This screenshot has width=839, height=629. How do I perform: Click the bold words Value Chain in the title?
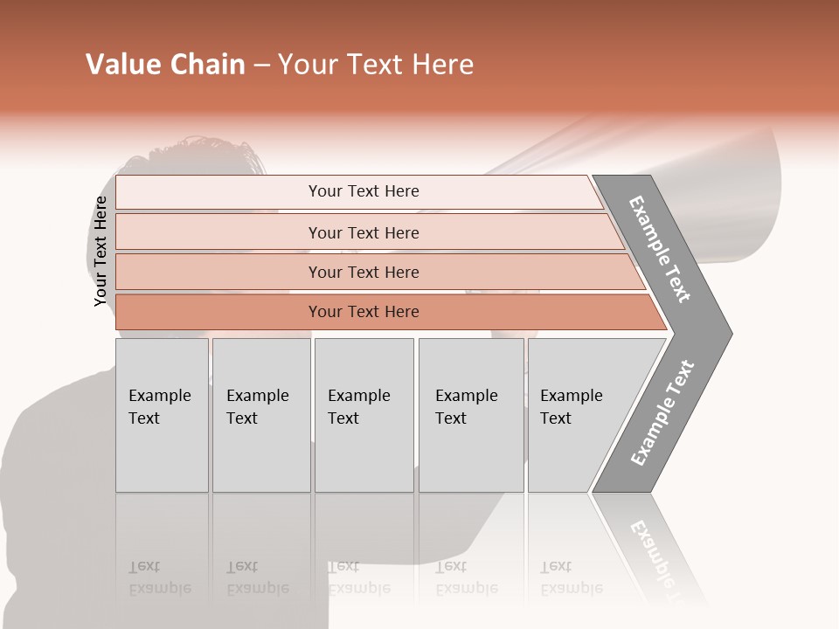(x=165, y=65)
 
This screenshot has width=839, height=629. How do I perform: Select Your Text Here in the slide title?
(x=376, y=65)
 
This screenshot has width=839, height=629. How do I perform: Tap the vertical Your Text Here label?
(x=101, y=252)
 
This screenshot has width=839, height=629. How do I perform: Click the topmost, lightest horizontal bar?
(x=363, y=191)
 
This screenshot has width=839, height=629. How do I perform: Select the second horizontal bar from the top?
(x=363, y=232)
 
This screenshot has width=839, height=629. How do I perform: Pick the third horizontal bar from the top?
(x=363, y=272)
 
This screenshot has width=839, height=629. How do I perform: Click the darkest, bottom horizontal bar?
(x=363, y=312)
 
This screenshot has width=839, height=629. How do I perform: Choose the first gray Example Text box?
(x=162, y=415)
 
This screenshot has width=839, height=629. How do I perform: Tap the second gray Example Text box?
(x=260, y=415)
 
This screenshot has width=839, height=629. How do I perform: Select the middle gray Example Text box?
(x=364, y=415)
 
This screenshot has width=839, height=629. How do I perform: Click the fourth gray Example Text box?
(x=470, y=415)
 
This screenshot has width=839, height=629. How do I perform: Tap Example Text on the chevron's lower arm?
(x=662, y=412)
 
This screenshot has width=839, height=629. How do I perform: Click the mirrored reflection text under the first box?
(x=159, y=578)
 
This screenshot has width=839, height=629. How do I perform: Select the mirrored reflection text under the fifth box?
(x=571, y=578)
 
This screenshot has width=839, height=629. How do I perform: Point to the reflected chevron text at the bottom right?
(x=657, y=552)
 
